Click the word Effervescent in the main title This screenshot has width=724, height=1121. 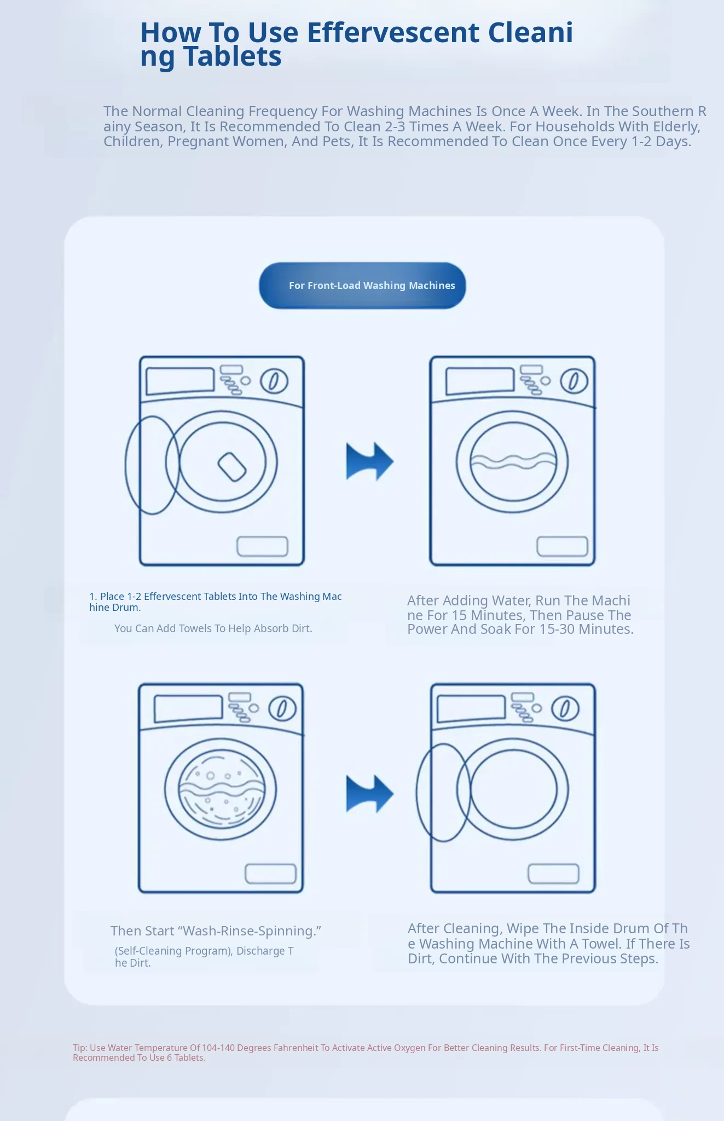click(393, 33)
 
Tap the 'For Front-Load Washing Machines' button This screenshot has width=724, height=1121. click(362, 286)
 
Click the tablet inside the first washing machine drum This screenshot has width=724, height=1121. click(232, 466)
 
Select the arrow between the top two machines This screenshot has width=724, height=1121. click(369, 461)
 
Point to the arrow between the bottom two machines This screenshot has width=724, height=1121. click(369, 794)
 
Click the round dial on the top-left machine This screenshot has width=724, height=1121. click(274, 381)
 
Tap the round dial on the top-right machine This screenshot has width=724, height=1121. click(574, 381)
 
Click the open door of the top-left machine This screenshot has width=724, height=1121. click(126, 465)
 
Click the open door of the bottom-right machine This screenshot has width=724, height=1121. click(418, 792)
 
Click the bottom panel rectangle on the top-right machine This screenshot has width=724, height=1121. click(562, 546)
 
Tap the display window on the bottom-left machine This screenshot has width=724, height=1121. click(188, 708)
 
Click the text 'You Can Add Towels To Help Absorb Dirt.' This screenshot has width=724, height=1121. click(213, 628)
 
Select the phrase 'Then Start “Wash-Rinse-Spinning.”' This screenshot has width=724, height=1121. click(216, 931)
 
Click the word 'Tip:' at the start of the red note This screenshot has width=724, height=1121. click(80, 1048)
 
